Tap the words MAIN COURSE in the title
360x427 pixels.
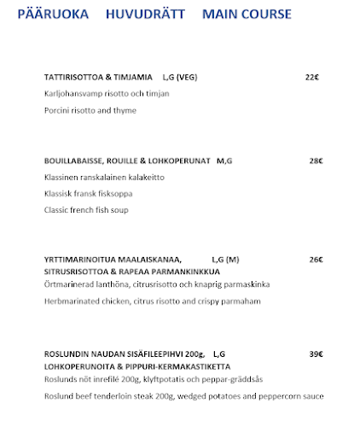coord(247,15)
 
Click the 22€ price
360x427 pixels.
coord(311,77)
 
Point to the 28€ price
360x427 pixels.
coord(316,161)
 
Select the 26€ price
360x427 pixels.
coord(316,260)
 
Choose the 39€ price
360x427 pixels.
coord(316,354)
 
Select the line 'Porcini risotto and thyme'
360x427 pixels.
coord(90,110)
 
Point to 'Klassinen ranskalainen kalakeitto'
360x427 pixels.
coord(103,177)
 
